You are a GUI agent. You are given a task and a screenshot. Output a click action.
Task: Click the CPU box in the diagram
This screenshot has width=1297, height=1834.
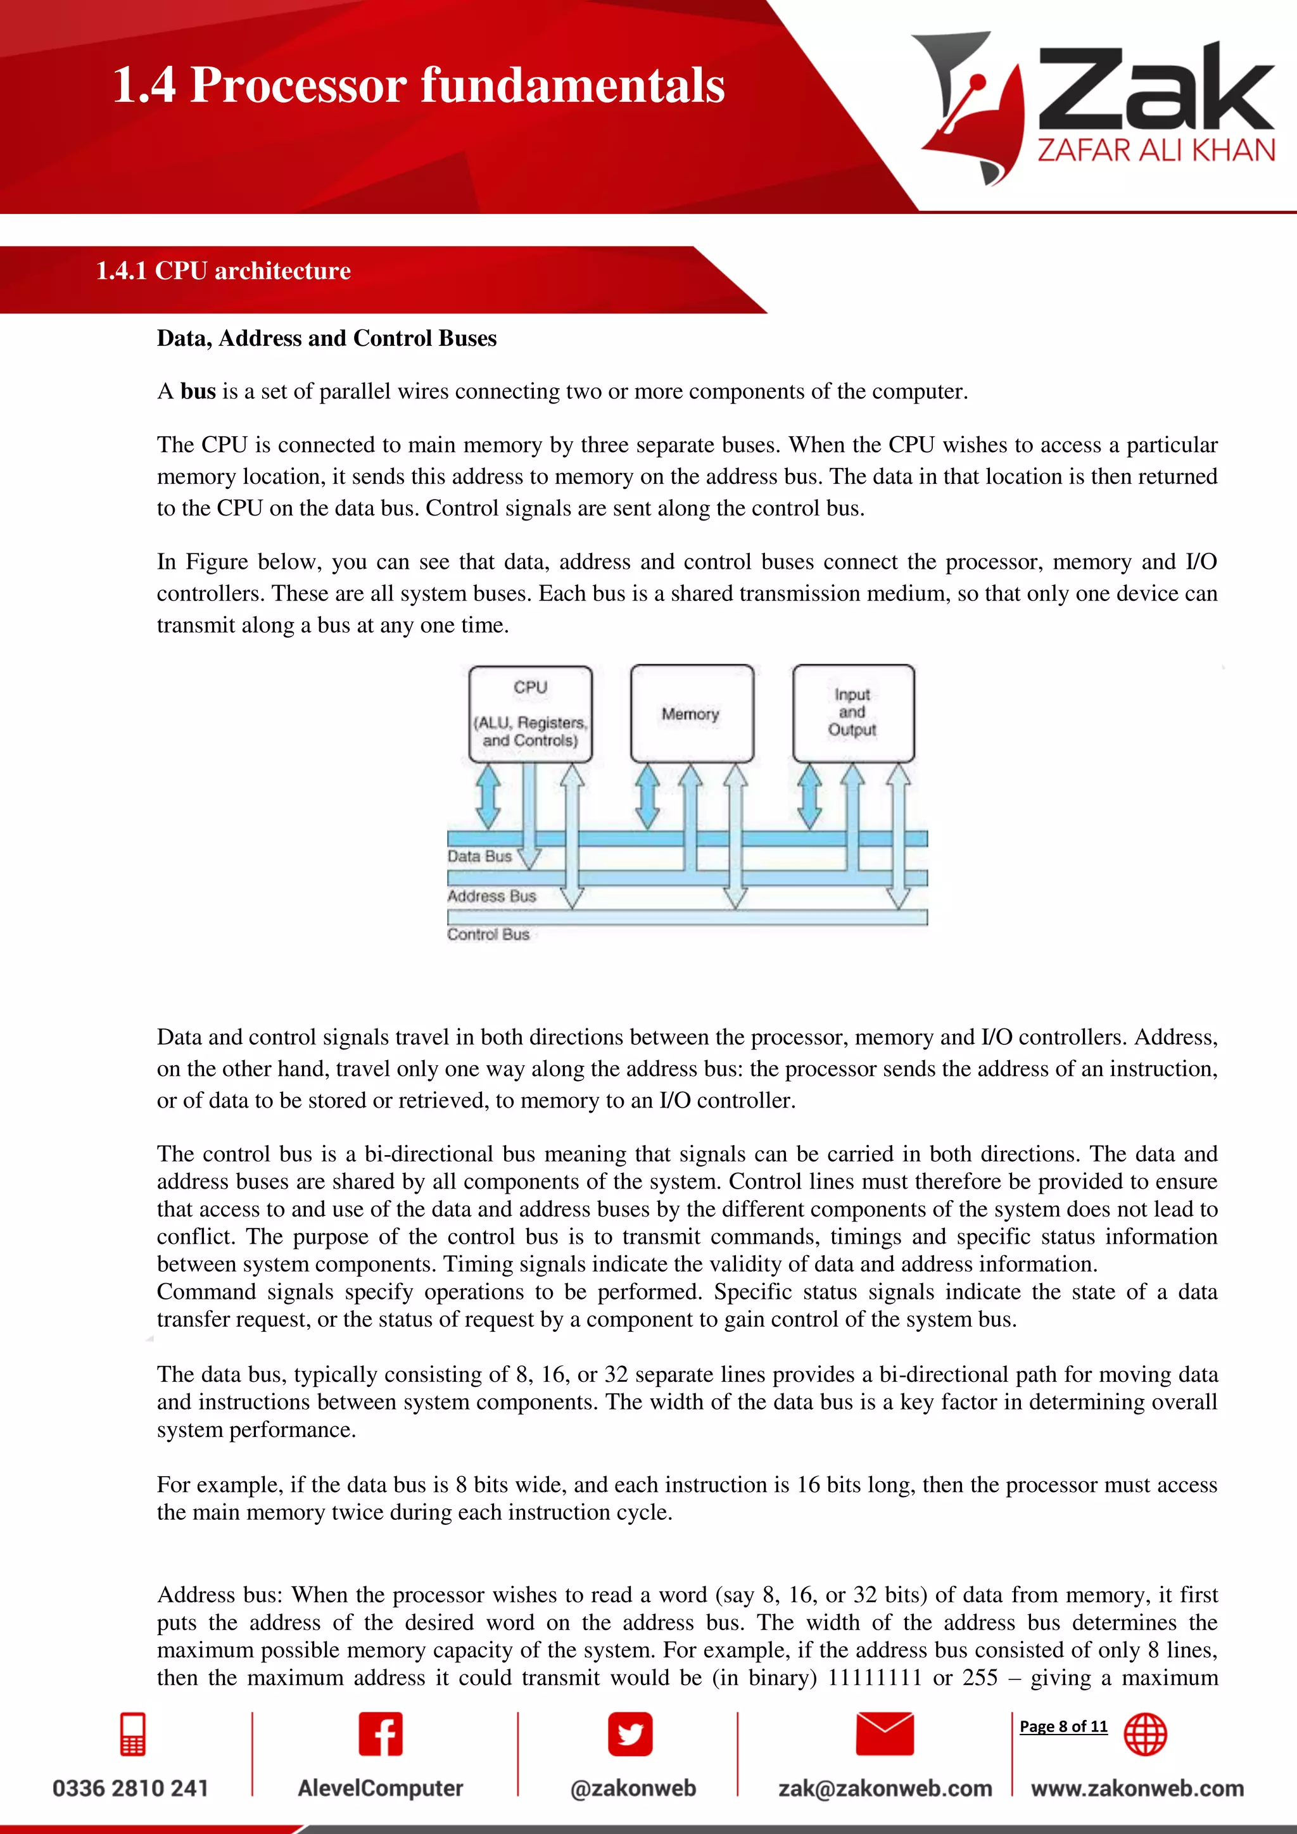(530, 713)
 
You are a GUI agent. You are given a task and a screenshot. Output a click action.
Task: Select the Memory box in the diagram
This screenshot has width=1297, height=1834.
(692, 713)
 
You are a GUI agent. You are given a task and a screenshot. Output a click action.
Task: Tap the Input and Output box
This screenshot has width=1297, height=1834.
(853, 712)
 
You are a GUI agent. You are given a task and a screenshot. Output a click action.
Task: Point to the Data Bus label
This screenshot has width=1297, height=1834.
(479, 856)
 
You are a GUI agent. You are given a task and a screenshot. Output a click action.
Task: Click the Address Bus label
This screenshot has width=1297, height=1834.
(491, 896)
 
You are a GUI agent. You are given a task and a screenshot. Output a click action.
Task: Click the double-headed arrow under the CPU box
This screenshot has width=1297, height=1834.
(488, 797)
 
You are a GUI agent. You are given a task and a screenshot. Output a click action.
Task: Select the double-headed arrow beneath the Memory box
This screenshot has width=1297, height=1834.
(647, 797)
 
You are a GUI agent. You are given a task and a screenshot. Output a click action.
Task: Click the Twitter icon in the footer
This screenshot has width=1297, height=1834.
(630, 1733)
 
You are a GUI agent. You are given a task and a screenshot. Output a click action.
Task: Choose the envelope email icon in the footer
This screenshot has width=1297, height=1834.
(884, 1733)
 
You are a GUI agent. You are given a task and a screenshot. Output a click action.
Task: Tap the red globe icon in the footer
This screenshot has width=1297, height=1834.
(1145, 1734)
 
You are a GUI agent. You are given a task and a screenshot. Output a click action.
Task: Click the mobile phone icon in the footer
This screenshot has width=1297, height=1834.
(132, 1733)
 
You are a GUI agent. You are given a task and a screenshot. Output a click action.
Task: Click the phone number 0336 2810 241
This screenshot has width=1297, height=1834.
(130, 1788)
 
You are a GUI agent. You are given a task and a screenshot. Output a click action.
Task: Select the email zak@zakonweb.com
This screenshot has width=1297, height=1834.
(885, 1788)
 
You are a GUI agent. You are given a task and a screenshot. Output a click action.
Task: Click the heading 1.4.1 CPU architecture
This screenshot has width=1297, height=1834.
(223, 271)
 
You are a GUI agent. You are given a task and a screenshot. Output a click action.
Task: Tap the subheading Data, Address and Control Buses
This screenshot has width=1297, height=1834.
(326, 339)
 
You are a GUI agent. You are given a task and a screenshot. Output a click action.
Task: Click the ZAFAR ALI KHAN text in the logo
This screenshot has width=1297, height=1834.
(1156, 150)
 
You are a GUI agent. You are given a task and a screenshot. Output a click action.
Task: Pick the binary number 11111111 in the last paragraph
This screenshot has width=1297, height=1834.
(874, 1678)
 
